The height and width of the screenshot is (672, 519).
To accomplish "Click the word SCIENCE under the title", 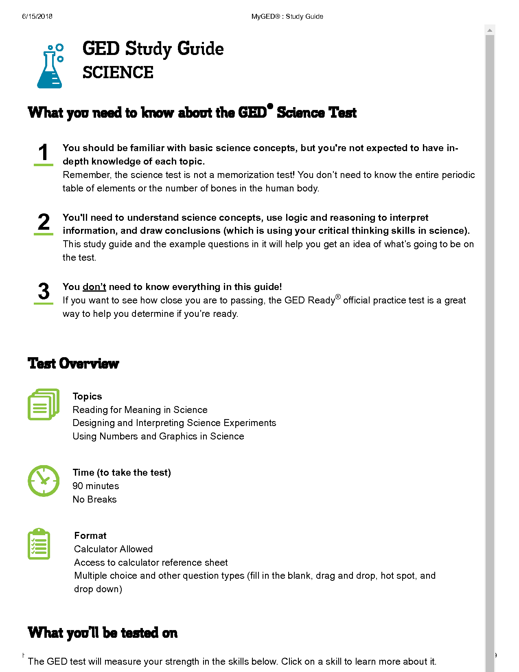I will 118,73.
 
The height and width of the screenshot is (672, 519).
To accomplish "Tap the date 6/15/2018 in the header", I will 37,16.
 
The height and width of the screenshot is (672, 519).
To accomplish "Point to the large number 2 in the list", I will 44,222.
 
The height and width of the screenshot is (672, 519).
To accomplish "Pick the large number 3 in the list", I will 44,292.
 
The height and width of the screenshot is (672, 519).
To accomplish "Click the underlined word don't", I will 94,287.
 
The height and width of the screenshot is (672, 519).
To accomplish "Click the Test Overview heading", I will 73,363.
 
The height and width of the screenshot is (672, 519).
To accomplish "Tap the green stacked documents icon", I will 43,404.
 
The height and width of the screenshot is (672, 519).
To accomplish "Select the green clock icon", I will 44,481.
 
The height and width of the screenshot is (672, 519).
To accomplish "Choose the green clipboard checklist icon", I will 39,544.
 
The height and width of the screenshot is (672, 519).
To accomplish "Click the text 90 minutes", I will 96,486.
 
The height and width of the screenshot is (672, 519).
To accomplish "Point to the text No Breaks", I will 94,499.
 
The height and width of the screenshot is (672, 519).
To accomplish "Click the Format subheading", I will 90,536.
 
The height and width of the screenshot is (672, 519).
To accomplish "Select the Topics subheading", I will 87,396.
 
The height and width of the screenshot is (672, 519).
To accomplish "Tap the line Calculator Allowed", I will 113,549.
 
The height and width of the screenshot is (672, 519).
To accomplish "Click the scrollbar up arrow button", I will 490,30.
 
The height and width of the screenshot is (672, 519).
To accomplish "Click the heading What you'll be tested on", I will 103,632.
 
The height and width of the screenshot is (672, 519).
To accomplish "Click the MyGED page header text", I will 287,16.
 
